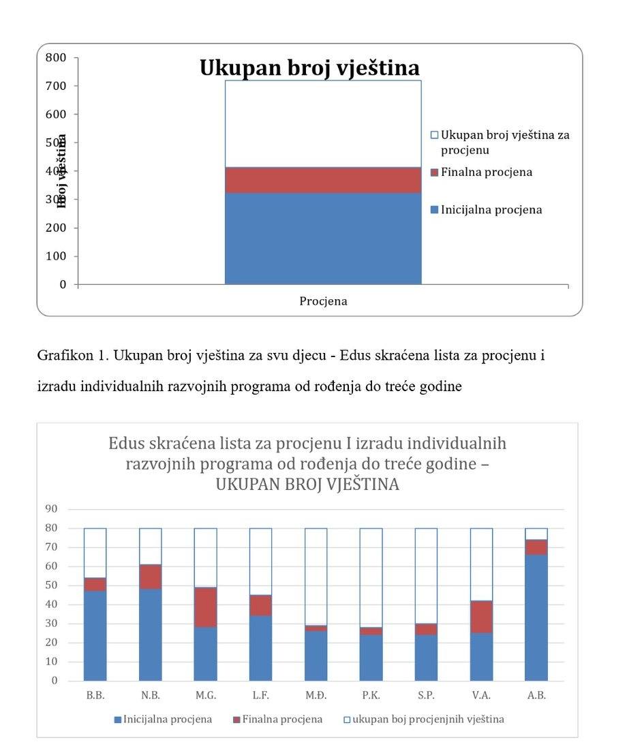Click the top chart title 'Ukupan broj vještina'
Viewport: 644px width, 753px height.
pyautogui.click(x=309, y=68)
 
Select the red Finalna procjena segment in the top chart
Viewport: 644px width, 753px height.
pyautogui.click(x=323, y=180)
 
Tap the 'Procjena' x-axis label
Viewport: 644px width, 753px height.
pyautogui.click(x=323, y=301)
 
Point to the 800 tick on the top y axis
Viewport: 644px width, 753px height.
pyautogui.click(x=56, y=58)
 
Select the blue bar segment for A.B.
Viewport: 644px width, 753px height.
pyautogui.click(x=536, y=617)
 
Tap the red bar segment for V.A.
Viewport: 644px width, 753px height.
pyautogui.click(x=481, y=617)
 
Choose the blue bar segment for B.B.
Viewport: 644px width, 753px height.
pyautogui.click(x=95, y=635)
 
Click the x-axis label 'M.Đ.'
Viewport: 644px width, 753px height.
pyautogui.click(x=316, y=696)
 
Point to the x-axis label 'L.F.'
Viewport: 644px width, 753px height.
pyautogui.click(x=260, y=696)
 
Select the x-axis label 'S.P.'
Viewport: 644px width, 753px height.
pyautogui.click(x=426, y=696)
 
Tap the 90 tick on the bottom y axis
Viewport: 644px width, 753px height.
pyautogui.click(x=52, y=509)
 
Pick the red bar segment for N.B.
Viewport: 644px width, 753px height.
pyautogui.click(x=150, y=577)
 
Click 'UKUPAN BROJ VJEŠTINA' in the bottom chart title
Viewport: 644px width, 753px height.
pyautogui.click(x=307, y=485)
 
